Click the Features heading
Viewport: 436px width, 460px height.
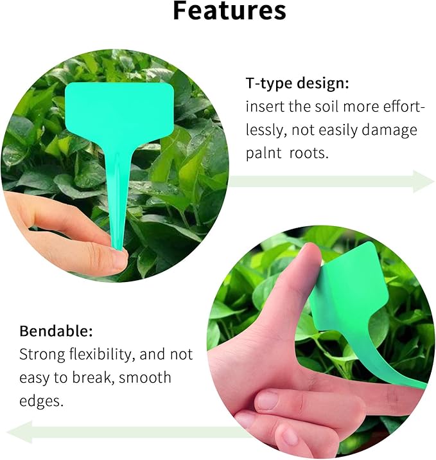click(229, 11)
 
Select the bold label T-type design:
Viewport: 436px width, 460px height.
click(298, 84)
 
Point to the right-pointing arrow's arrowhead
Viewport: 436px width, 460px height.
click(424, 181)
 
